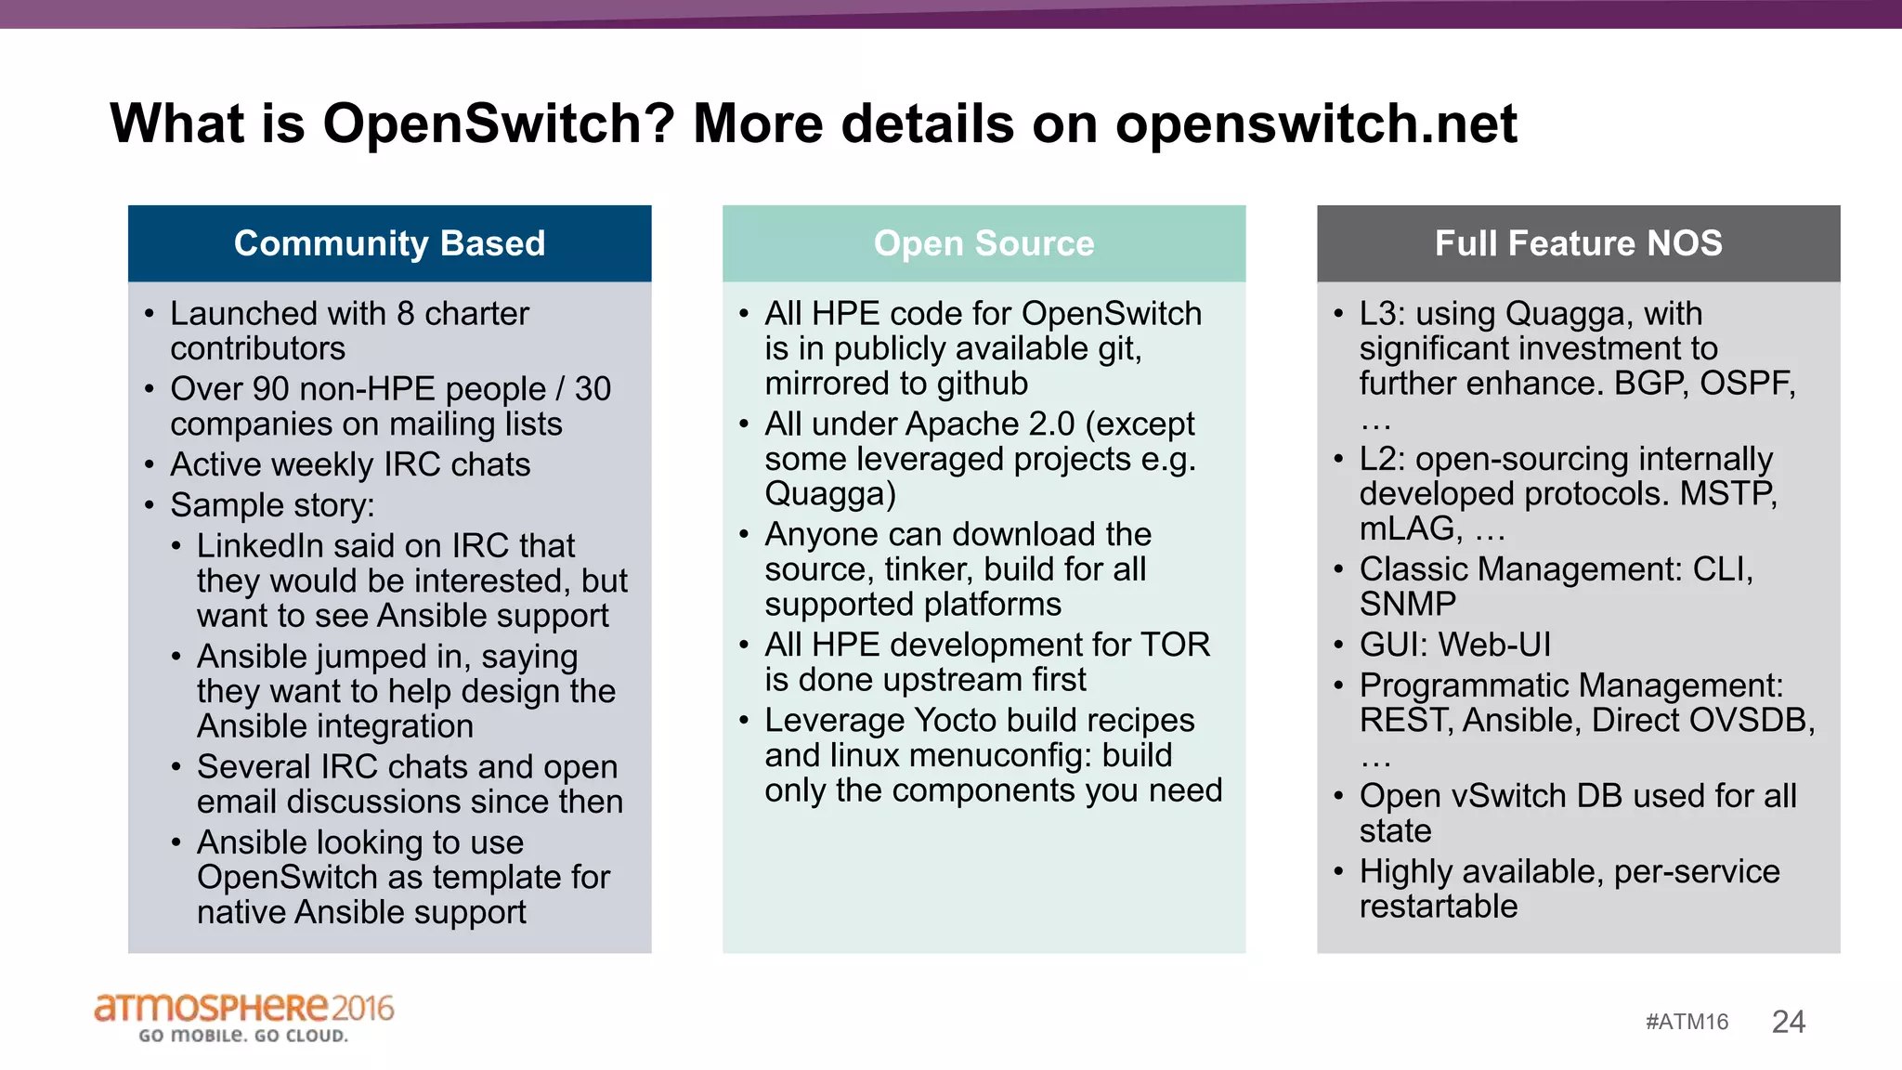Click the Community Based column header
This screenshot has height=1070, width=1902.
click(x=389, y=243)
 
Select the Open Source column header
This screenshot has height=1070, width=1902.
click(x=984, y=243)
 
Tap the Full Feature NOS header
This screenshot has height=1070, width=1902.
click(x=1578, y=243)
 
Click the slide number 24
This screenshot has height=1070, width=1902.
click(x=1788, y=1022)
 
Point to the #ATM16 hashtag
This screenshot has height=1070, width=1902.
click(x=1687, y=1022)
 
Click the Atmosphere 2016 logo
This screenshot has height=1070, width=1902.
click(x=243, y=1009)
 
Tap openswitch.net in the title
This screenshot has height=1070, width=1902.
click(x=1316, y=124)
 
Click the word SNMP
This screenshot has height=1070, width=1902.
click(x=1407, y=605)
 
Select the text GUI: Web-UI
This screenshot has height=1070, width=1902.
click(x=1454, y=645)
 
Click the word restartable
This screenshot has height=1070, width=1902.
click(x=1438, y=907)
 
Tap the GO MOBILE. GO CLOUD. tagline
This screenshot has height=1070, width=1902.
click(x=243, y=1036)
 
